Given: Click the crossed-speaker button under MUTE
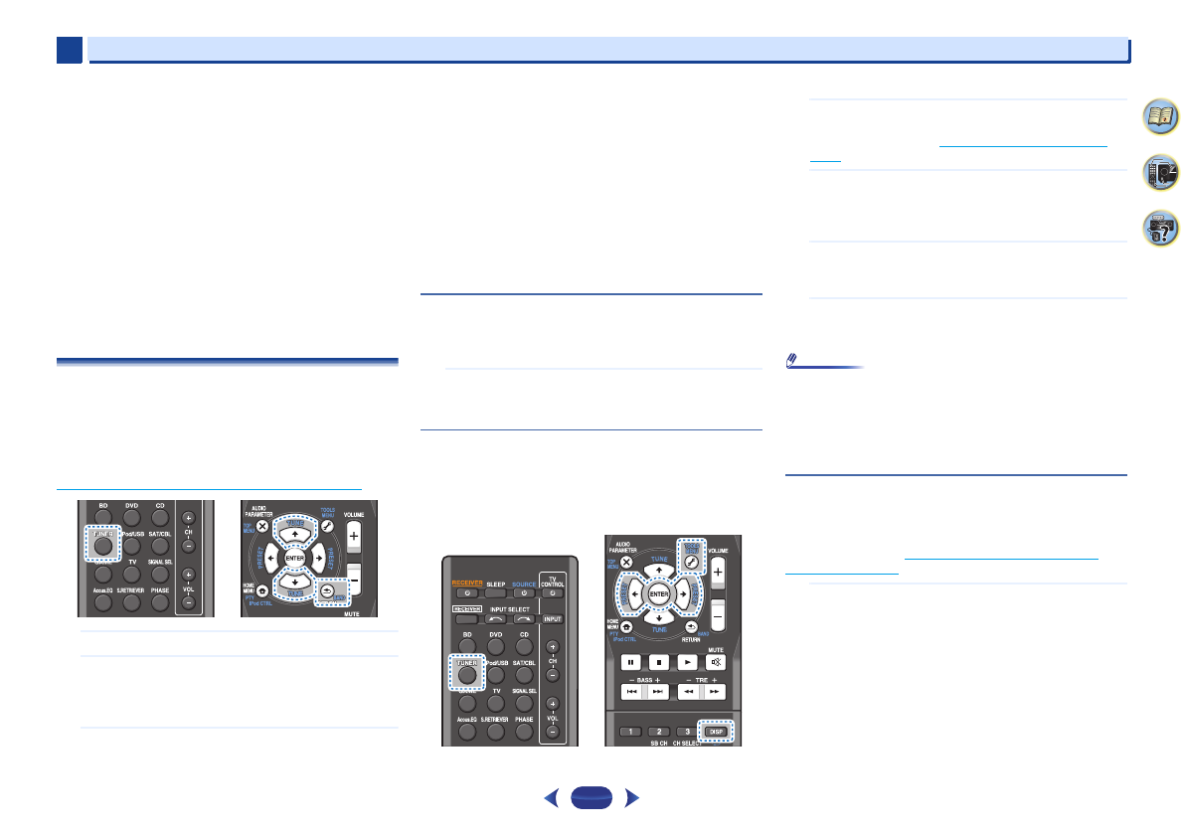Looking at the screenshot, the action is point(715,661).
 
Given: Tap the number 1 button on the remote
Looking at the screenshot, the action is point(628,732).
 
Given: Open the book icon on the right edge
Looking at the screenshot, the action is point(1155,118).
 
